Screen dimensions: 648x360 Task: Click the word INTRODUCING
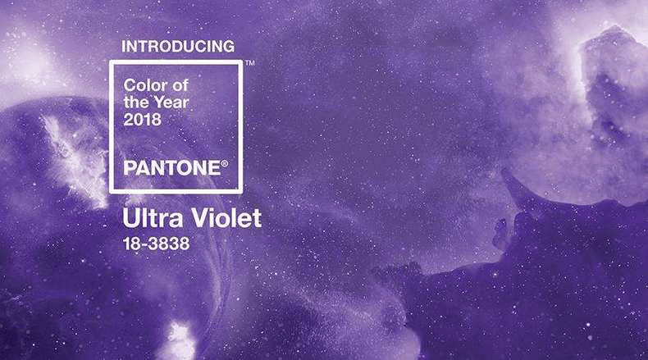tap(178, 46)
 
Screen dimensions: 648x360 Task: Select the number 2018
tap(143, 120)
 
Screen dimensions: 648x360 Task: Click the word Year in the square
tap(171, 103)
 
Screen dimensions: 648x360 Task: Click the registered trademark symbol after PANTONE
tap(225, 164)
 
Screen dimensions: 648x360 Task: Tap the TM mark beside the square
tap(249, 63)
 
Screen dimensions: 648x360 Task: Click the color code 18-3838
tap(156, 244)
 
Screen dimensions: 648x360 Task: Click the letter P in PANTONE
tap(130, 168)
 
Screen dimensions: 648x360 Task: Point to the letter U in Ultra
tap(130, 218)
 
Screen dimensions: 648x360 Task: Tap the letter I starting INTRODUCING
tap(123, 46)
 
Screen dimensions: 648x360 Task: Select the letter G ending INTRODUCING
tap(229, 46)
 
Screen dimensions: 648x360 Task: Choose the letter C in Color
tap(130, 85)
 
